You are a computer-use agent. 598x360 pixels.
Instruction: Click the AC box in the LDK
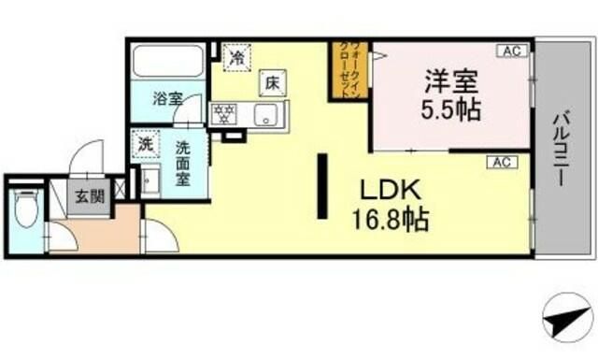pyautogui.click(x=500, y=163)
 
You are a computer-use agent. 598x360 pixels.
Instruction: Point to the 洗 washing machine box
pyautogui.click(x=146, y=145)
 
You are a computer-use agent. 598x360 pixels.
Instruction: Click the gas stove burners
pyautogui.click(x=224, y=115)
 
